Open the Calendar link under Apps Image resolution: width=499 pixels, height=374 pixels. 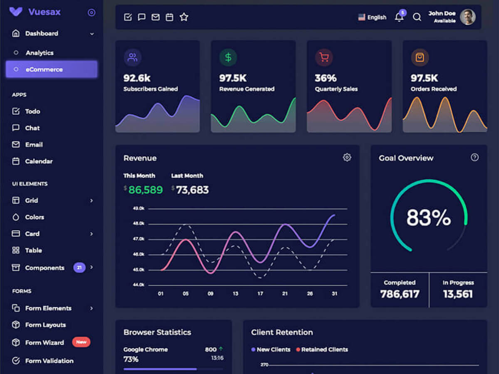click(x=38, y=161)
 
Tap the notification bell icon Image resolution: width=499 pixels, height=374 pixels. click(x=399, y=17)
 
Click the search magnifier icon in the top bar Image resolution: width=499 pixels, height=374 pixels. click(x=417, y=17)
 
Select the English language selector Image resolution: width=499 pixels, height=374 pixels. click(x=372, y=17)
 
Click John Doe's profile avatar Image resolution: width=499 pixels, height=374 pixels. click(x=468, y=17)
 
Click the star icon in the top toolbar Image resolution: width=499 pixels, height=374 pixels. click(x=184, y=17)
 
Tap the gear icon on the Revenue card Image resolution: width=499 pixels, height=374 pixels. click(x=347, y=157)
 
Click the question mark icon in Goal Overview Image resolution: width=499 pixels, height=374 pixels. click(x=474, y=157)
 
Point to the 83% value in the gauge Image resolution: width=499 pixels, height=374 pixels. click(x=428, y=217)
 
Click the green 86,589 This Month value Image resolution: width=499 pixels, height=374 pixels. click(x=145, y=190)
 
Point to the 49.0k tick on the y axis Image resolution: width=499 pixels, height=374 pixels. click(x=138, y=208)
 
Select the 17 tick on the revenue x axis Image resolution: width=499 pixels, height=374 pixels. click(x=260, y=293)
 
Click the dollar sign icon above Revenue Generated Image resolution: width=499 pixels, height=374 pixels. click(x=228, y=57)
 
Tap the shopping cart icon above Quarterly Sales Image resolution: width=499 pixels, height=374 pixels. click(x=324, y=57)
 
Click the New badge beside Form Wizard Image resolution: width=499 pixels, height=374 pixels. click(x=81, y=342)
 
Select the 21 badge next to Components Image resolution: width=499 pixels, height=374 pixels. click(x=79, y=268)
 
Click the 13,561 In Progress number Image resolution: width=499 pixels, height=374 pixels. click(x=458, y=294)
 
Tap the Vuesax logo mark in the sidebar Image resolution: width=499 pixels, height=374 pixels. click(x=16, y=12)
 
